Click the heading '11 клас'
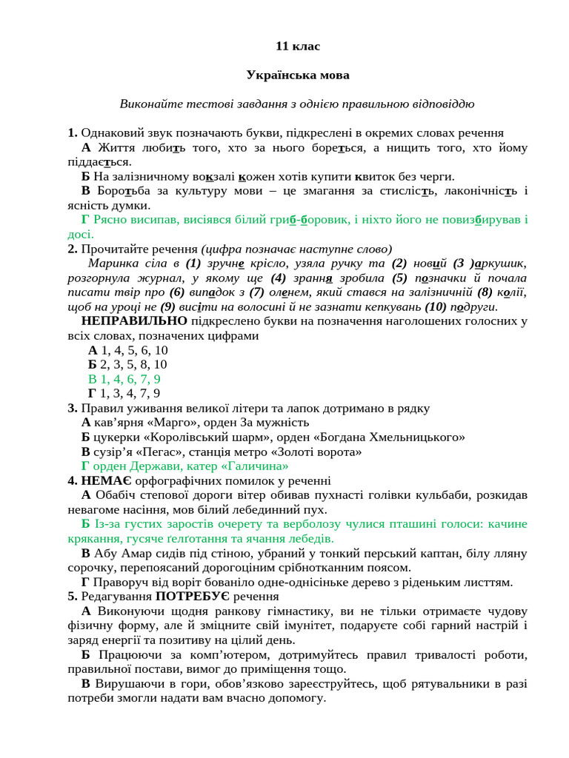pyautogui.click(x=298, y=46)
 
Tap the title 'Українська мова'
pyautogui.click(x=298, y=75)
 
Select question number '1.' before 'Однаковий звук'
pyautogui.click(x=73, y=133)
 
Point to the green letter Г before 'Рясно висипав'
pyautogui.click(x=85, y=220)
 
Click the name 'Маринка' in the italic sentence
pyautogui.click(x=111, y=264)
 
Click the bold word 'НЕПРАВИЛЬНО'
pyautogui.click(x=134, y=321)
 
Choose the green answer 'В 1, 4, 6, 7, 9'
pyautogui.click(x=124, y=379)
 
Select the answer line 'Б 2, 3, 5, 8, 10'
pyautogui.click(x=127, y=364)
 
